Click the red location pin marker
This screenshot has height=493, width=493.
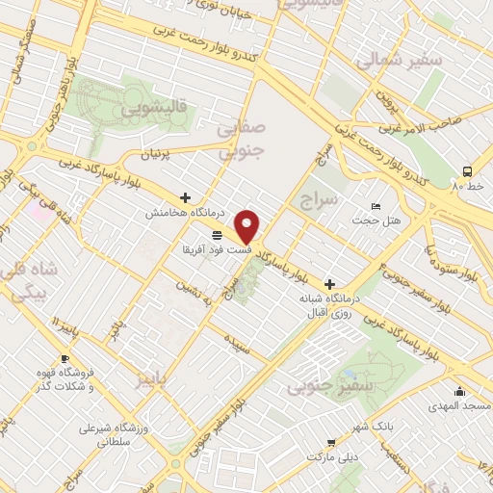point(248,225)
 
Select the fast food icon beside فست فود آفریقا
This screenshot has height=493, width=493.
point(217,234)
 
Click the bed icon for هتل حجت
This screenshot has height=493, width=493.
point(376,207)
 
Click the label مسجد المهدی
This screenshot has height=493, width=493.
point(460,406)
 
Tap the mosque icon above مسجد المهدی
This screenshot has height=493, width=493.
point(460,391)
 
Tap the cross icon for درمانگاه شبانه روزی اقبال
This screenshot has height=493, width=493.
point(330,284)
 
